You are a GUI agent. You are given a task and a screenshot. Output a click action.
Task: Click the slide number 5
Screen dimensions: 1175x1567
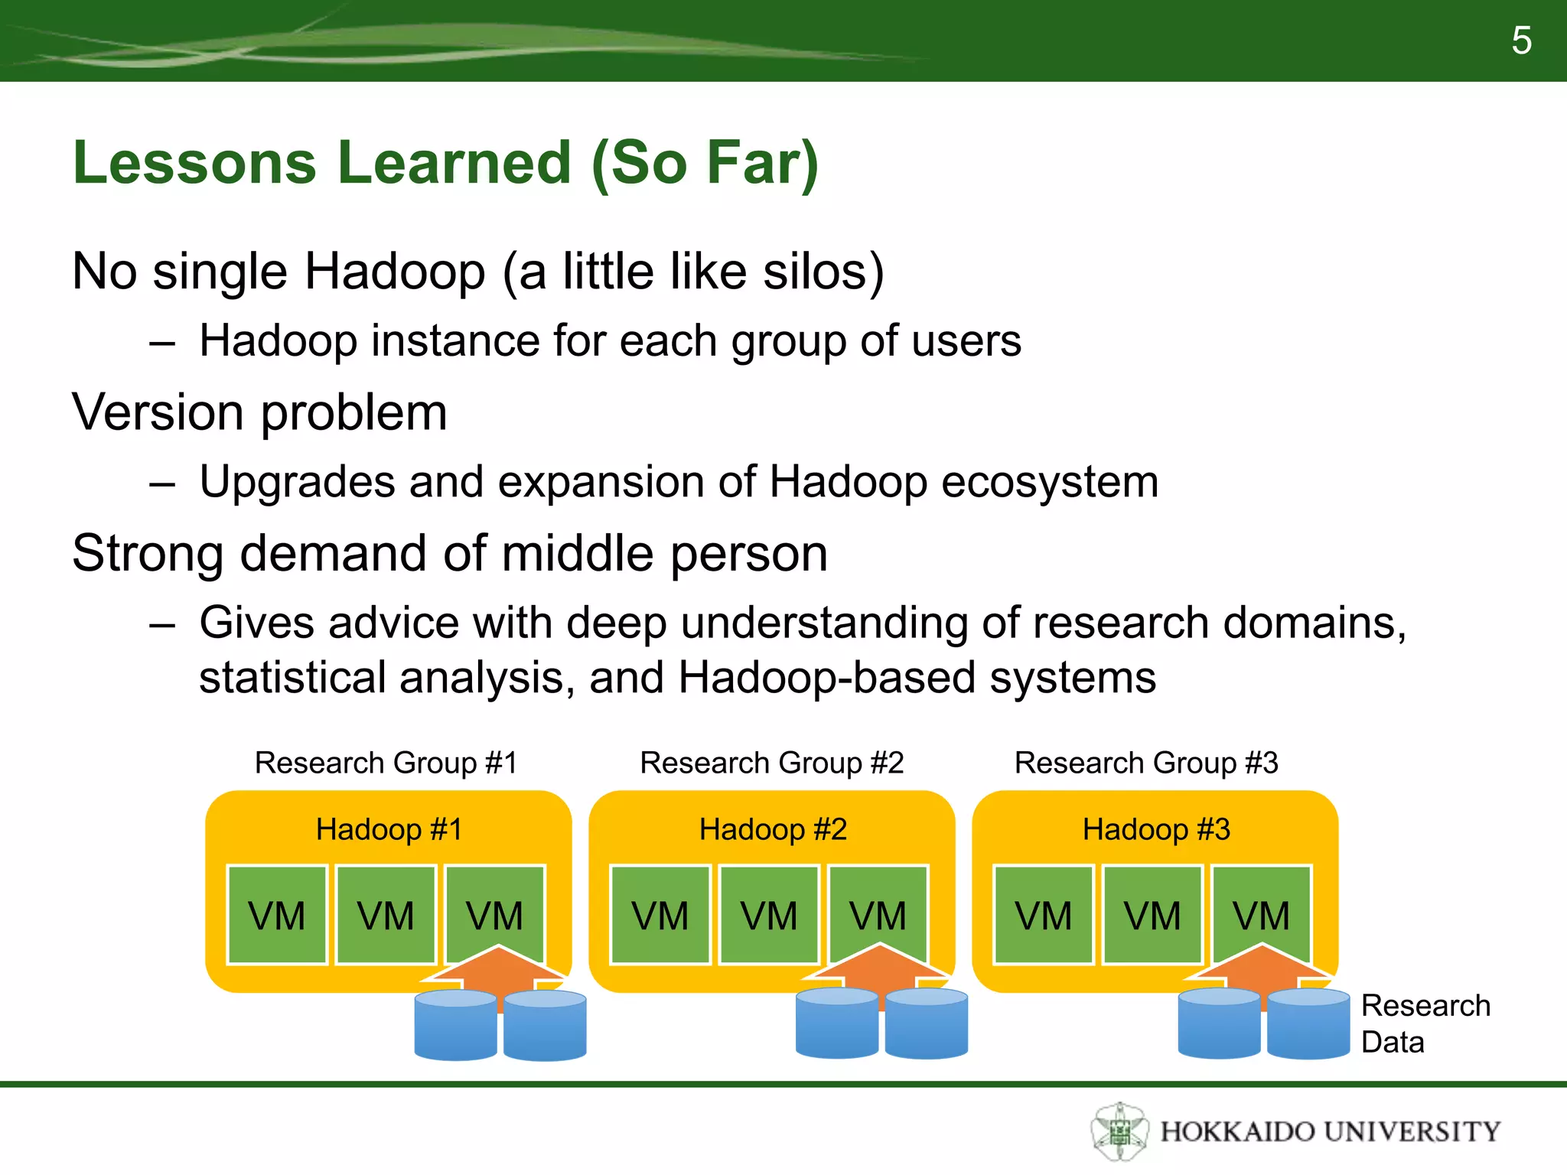[x=1521, y=41]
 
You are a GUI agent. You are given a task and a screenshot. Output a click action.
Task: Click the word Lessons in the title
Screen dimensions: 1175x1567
[x=194, y=163]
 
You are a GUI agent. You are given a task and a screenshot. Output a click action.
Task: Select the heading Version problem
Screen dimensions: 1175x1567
[x=259, y=412]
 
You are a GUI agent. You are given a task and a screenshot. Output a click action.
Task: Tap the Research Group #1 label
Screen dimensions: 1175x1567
[x=386, y=763]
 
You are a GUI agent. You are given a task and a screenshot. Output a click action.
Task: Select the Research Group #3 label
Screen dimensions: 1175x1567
[x=1145, y=763]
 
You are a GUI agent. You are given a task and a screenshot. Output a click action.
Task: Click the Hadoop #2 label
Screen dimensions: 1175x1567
[x=773, y=830]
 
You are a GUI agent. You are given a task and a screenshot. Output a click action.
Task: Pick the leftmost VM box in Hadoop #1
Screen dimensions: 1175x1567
[x=277, y=915]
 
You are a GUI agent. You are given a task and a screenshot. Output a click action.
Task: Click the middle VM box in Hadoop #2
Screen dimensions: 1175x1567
[x=769, y=915]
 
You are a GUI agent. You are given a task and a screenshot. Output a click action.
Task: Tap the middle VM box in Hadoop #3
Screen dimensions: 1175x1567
[x=1152, y=915]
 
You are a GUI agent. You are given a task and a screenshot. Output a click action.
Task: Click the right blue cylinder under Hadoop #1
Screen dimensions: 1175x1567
[x=545, y=1026]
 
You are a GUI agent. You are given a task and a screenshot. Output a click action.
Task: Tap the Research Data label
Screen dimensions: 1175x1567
[x=1425, y=1024]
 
